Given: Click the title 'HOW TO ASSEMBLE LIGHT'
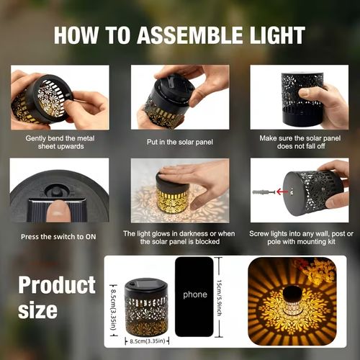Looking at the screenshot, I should (179, 35).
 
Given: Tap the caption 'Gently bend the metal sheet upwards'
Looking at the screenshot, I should (59, 142).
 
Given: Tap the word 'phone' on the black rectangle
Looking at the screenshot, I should (194, 294).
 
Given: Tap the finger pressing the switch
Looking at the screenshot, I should (58, 211).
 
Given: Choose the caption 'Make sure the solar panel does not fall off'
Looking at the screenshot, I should (299, 142).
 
